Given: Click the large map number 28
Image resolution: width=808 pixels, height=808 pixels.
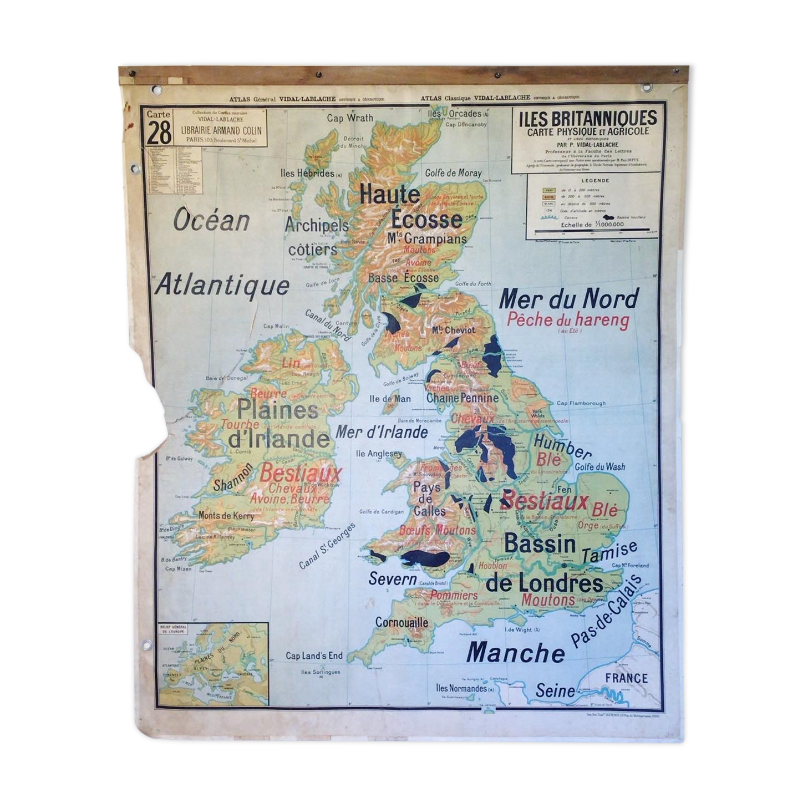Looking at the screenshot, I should pos(159,133).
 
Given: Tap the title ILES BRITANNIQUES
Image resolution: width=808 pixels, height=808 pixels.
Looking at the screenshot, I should pos(587,118).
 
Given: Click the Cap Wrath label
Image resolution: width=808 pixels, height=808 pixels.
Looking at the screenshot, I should pos(350,118).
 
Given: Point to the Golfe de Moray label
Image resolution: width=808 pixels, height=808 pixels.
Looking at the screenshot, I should pos(453,173).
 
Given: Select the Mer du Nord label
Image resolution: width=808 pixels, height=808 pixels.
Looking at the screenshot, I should pos(569,299).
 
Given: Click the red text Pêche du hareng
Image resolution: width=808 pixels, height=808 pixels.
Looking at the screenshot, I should pos(568,320).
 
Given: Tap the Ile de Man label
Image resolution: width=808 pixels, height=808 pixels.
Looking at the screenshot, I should pos(390,399).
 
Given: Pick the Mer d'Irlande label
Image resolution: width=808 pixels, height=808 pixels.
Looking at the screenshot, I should pos(382,432).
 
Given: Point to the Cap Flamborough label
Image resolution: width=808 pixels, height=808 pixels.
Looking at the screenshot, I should pos(581,403).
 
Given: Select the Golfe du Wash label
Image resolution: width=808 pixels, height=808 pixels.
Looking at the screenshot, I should pos(599,467).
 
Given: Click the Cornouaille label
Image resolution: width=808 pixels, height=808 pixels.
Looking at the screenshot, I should pos(402,623).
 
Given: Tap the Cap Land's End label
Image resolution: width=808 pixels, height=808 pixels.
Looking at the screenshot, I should pos(314,655).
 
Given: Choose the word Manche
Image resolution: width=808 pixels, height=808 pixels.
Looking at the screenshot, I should pos(515,653).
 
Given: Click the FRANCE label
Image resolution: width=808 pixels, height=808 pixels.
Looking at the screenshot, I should pos(626,678).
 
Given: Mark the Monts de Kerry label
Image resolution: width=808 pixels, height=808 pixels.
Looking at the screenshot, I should pos(226,516).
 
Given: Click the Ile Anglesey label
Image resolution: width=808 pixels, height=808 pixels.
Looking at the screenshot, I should pos(379,454).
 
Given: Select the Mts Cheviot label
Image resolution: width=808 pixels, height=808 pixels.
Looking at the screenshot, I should pos(453,330).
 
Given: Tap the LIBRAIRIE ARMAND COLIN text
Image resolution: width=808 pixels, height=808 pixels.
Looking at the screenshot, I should pos(221,130).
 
